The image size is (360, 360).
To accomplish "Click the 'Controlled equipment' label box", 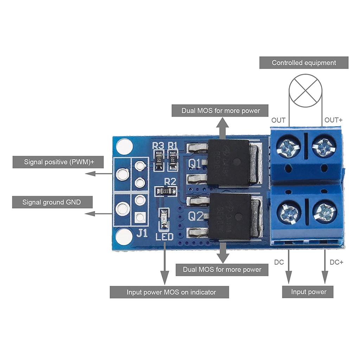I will pos(304,63).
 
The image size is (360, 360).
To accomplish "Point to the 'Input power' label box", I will pos(308,292).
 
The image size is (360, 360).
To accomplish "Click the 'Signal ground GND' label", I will pos(52,202).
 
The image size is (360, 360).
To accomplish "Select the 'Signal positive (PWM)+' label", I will pos(59,162).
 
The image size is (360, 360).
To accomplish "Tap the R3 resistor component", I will pos(159,160).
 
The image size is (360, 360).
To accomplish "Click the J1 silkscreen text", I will pos(142,233).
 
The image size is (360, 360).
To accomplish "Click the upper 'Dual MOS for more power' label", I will pos(220,111).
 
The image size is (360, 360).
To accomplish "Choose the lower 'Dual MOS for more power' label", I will pos(222,270).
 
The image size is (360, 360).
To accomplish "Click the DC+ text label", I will pos(336,262).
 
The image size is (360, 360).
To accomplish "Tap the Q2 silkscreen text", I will pos(196,217).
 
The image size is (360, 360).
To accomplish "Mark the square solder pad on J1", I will pos(140,217).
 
